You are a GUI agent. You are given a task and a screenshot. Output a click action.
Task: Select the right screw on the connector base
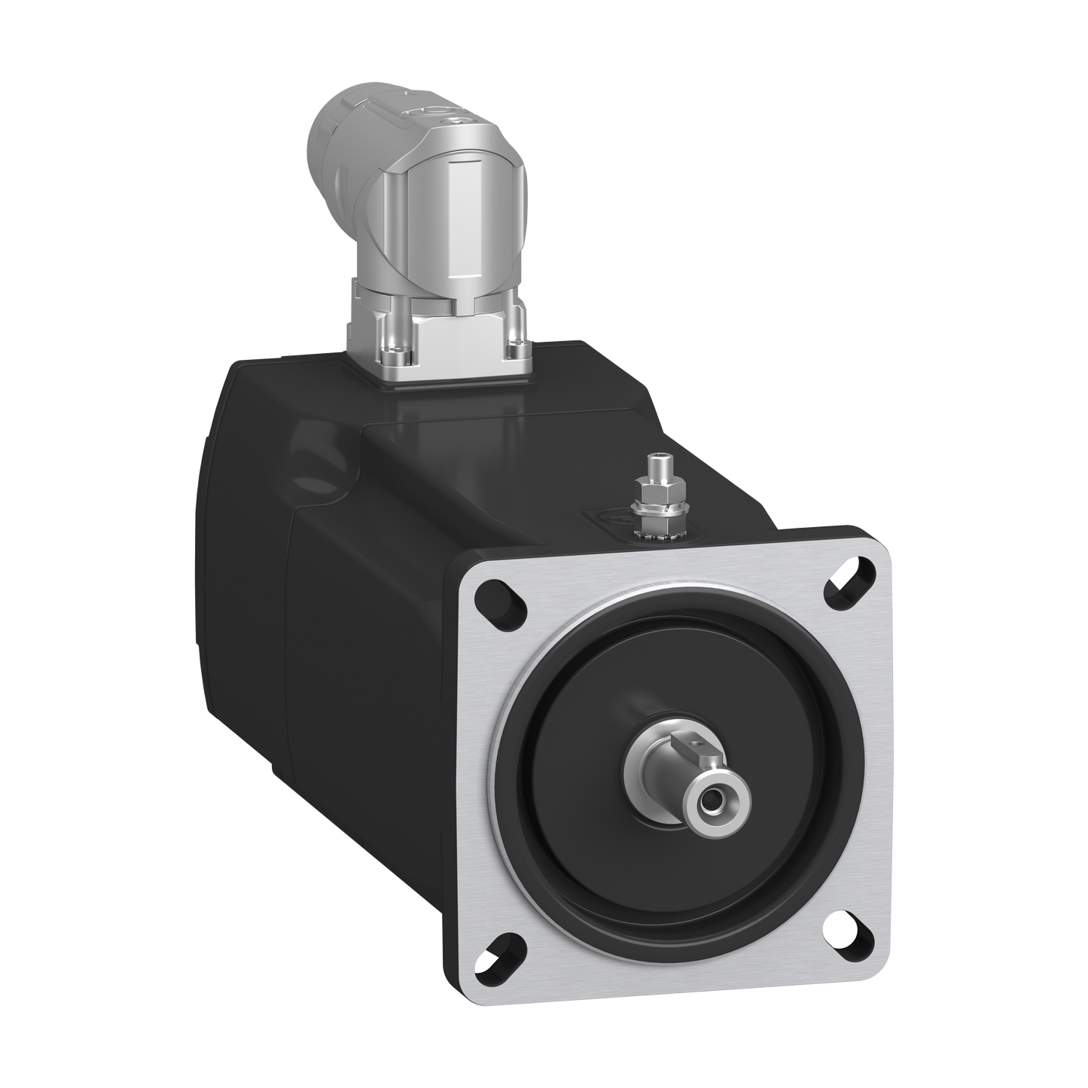pos(517,347)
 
